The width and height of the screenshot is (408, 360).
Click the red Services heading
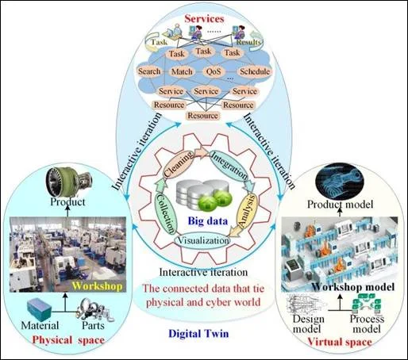click(204, 19)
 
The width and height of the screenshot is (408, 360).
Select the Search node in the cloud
click(149, 71)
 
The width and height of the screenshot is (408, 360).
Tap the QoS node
click(214, 71)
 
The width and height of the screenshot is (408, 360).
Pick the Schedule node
click(255, 71)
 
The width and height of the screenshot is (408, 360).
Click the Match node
click(182, 71)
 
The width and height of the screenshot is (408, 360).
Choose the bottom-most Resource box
click(203, 116)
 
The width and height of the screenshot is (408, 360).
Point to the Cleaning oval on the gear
click(179, 164)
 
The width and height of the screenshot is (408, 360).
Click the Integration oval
click(229, 165)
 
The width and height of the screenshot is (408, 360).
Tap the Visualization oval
click(202, 240)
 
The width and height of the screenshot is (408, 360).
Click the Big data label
click(208, 221)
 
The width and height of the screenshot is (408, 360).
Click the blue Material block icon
click(40, 309)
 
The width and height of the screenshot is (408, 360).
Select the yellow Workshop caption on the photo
click(97, 286)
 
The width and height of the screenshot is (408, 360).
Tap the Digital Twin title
click(198, 334)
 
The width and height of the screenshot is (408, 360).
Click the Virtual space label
click(340, 342)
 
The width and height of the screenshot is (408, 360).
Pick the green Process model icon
click(366, 304)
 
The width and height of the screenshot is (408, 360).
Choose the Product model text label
click(340, 205)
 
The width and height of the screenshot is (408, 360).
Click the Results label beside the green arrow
click(248, 42)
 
